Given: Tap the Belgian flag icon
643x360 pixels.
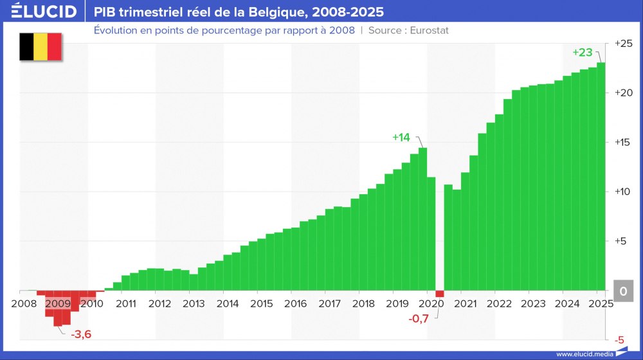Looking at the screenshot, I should (x=41, y=47).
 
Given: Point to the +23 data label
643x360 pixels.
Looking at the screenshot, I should (x=582, y=52).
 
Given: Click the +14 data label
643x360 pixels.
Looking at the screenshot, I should (x=401, y=137).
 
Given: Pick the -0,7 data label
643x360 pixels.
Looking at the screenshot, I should (x=419, y=318).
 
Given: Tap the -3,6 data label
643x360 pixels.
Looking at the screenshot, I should (x=80, y=334).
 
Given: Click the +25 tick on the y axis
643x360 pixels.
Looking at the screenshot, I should (x=624, y=43).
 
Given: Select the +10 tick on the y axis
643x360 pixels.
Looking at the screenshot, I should (x=624, y=192).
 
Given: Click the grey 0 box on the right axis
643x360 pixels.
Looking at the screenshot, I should (x=623, y=291).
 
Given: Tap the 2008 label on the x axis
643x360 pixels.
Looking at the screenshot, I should (x=24, y=303).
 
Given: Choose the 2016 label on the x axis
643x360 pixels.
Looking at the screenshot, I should (x=295, y=303).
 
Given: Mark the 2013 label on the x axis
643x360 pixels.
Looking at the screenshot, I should (x=194, y=303).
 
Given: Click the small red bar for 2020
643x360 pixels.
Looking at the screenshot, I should (x=440, y=294).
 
